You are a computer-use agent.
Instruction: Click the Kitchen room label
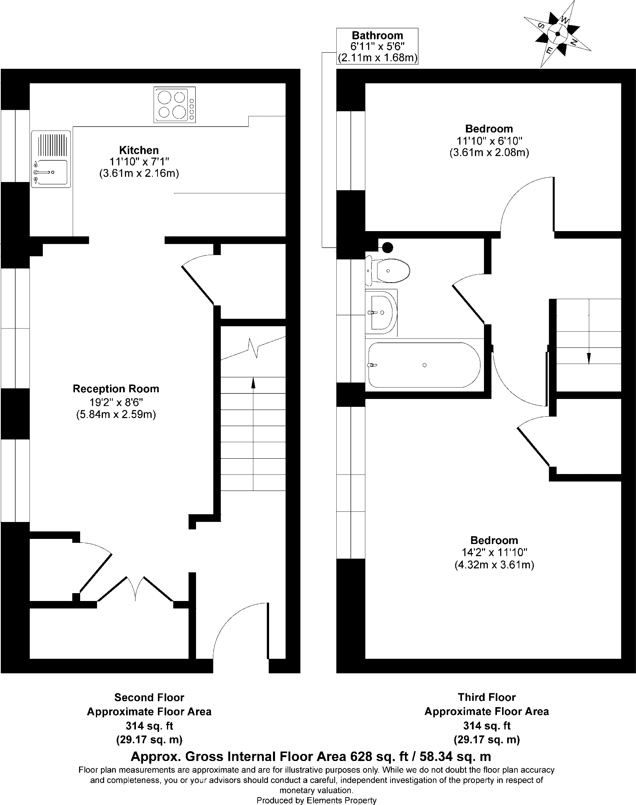(139, 150)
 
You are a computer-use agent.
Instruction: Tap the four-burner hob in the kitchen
(174, 105)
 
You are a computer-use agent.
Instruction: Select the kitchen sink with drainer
(51, 159)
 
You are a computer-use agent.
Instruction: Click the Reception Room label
(116, 389)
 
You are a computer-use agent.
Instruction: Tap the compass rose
(557, 34)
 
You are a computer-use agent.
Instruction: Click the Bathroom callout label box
(377, 46)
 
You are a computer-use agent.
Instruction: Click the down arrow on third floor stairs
(588, 358)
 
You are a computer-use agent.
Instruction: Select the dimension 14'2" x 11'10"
(494, 552)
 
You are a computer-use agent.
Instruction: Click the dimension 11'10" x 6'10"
(489, 140)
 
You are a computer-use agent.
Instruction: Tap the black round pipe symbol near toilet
(388, 247)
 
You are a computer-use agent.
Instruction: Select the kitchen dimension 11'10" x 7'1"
(139, 162)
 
